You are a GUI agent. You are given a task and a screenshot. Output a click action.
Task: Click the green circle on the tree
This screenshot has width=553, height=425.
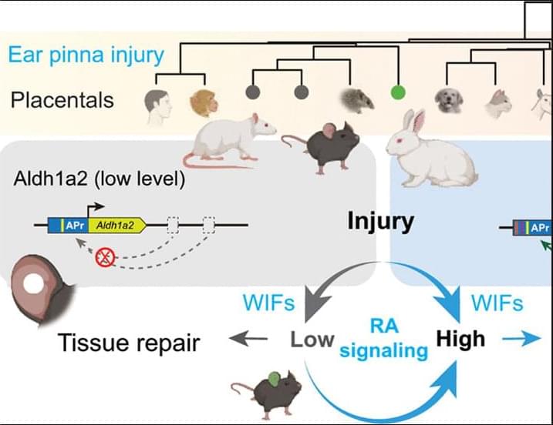click(x=398, y=93)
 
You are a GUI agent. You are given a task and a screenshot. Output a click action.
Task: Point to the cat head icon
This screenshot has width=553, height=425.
click(x=497, y=103)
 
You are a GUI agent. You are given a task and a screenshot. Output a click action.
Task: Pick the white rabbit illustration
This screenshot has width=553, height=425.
click(x=432, y=155)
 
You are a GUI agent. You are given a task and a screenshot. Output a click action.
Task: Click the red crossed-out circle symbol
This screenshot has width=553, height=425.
click(x=104, y=259)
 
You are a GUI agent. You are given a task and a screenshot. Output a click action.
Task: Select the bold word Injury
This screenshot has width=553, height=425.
click(x=380, y=222)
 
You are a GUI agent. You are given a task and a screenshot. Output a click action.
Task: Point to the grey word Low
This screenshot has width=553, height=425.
click(x=312, y=340)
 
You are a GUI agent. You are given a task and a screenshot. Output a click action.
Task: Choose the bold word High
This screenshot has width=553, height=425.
click(x=461, y=338)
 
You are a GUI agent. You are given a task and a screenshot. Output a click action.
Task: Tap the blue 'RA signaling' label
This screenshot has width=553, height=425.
click(x=383, y=339)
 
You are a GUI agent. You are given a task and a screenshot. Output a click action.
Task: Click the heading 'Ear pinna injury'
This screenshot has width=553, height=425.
click(x=87, y=55)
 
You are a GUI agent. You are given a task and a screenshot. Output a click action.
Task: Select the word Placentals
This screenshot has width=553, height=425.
click(x=62, y=99)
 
